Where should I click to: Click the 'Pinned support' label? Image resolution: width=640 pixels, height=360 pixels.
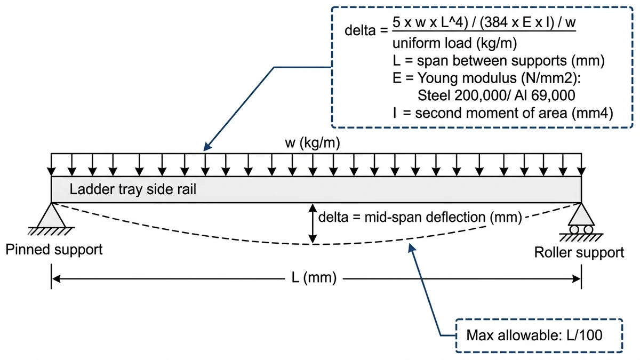click(x=54, y=250)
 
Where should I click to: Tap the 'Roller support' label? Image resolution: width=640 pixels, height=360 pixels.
click(x=579, y=252)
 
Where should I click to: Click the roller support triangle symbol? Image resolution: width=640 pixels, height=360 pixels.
click(x=581, y=215)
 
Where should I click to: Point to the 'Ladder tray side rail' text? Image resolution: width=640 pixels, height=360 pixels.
click(x=133, y=190)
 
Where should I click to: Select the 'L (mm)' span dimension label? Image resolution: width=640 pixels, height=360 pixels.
click(x=314, y=278)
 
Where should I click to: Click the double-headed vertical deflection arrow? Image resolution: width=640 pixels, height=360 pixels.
click(x=314, y=224)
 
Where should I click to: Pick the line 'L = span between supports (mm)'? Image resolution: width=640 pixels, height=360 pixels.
click(x=494, y=60)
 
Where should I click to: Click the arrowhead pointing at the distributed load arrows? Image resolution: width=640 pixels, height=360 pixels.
click(x=207, y=149)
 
